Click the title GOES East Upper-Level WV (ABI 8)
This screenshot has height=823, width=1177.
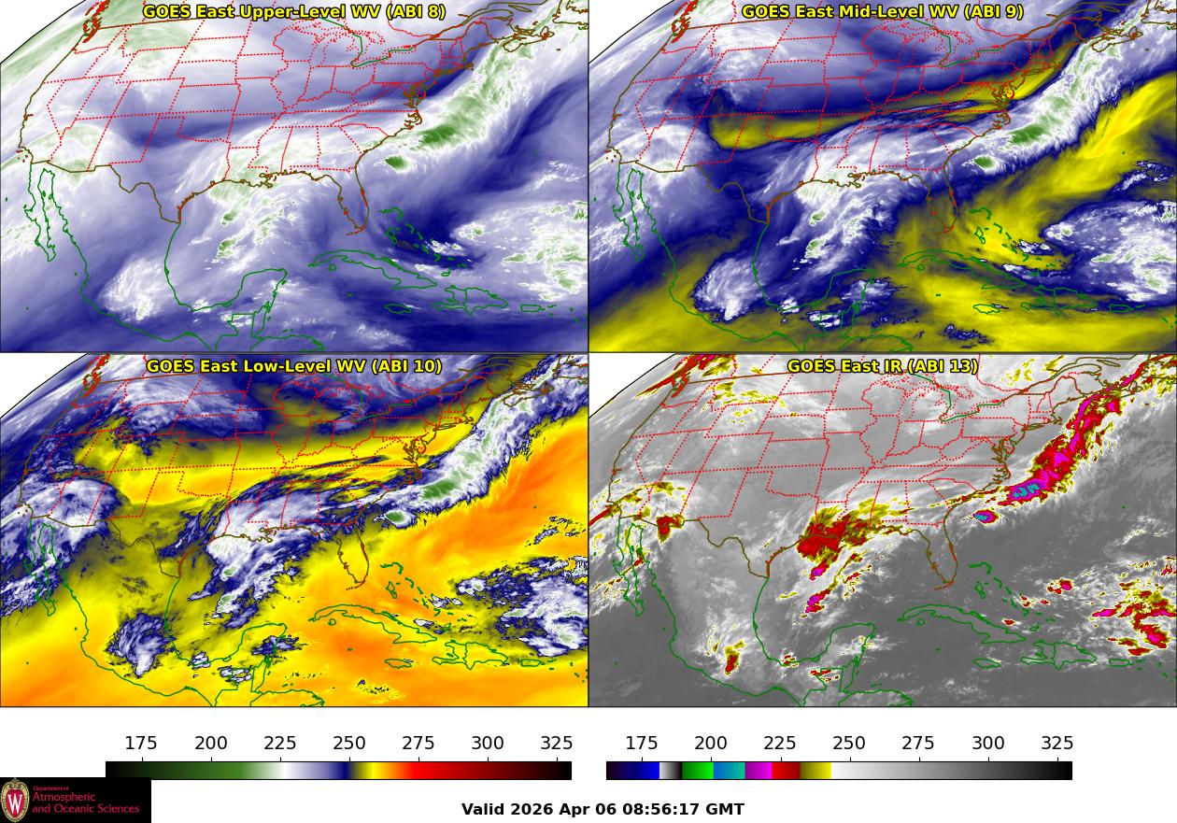[x=294, y=12]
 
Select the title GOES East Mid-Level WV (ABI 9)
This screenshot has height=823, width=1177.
[x=882, y=12]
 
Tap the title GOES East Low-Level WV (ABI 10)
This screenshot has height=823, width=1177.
[x=294, y=366]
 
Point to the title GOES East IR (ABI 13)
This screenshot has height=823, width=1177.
[x=882, y=366]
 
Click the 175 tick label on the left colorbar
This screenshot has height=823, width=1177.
[x=141, y=744]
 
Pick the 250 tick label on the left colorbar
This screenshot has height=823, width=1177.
[x=349, y=744]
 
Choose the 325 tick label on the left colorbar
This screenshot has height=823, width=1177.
[x=557, y=744]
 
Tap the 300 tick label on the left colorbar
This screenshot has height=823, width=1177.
[x=488, y=744]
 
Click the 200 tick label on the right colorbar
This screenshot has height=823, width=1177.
[x=711, y=744]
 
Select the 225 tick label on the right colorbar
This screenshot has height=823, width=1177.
[x=780, y=744]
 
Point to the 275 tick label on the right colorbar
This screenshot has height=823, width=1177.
[x=918, y=744]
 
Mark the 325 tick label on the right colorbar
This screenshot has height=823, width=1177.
[x=1057, y=744]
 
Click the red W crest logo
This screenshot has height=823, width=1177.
[x=15, y=801]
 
